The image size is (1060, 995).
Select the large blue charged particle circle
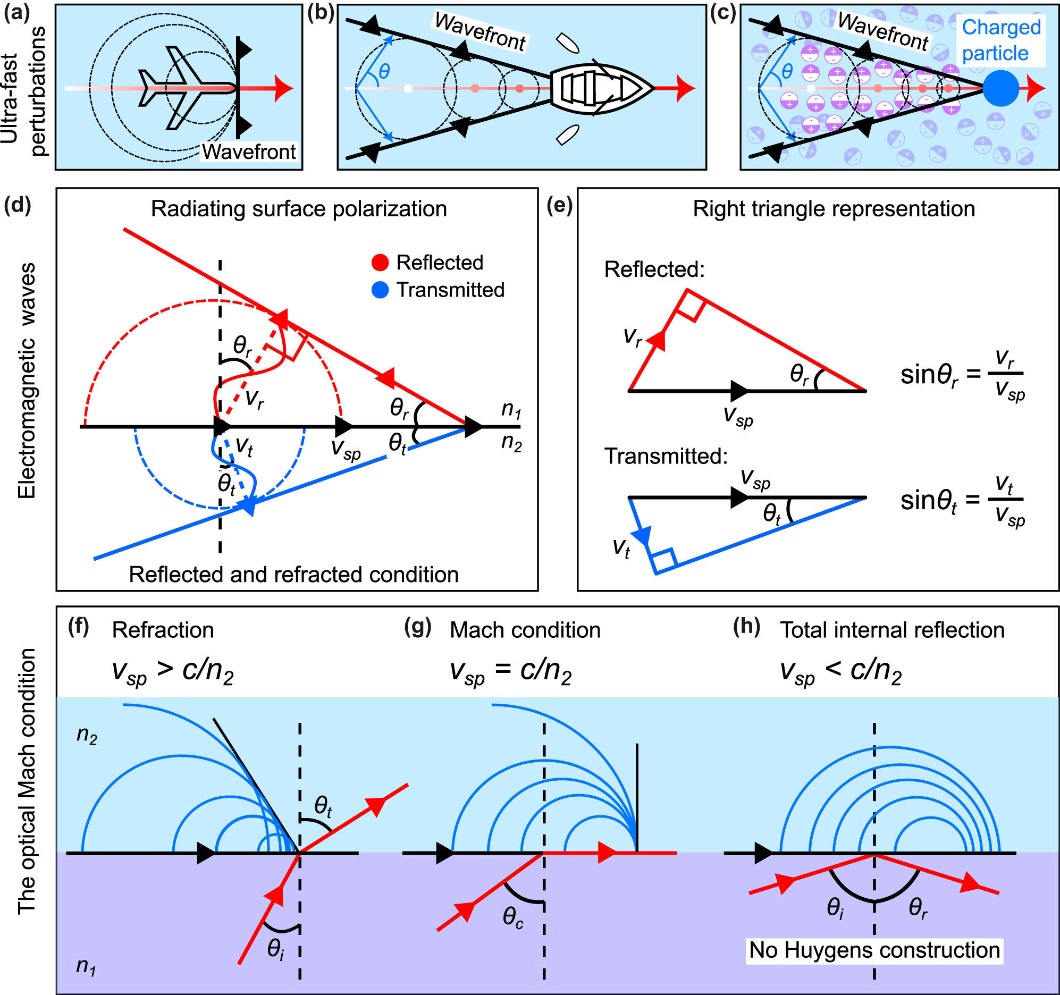(1001, 89)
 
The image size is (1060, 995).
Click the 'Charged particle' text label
(1001, 40)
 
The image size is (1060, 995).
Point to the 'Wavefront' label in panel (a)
(248, 152)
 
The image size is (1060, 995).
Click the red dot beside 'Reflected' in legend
(380, 263)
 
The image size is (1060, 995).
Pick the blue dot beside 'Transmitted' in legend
(380, 290)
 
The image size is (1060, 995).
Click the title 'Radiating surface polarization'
(299, 209)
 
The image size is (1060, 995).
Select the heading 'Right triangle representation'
(834, 209)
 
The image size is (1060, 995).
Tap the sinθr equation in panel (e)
(962, 375)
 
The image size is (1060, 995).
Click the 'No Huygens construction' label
(874, 950)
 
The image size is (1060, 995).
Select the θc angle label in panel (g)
(513, 917)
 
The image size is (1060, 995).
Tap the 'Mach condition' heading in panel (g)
(525, 630)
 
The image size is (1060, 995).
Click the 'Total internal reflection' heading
(892, 630)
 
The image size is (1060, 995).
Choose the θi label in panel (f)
(276, 949)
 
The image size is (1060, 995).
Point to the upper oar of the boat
(567, 44)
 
